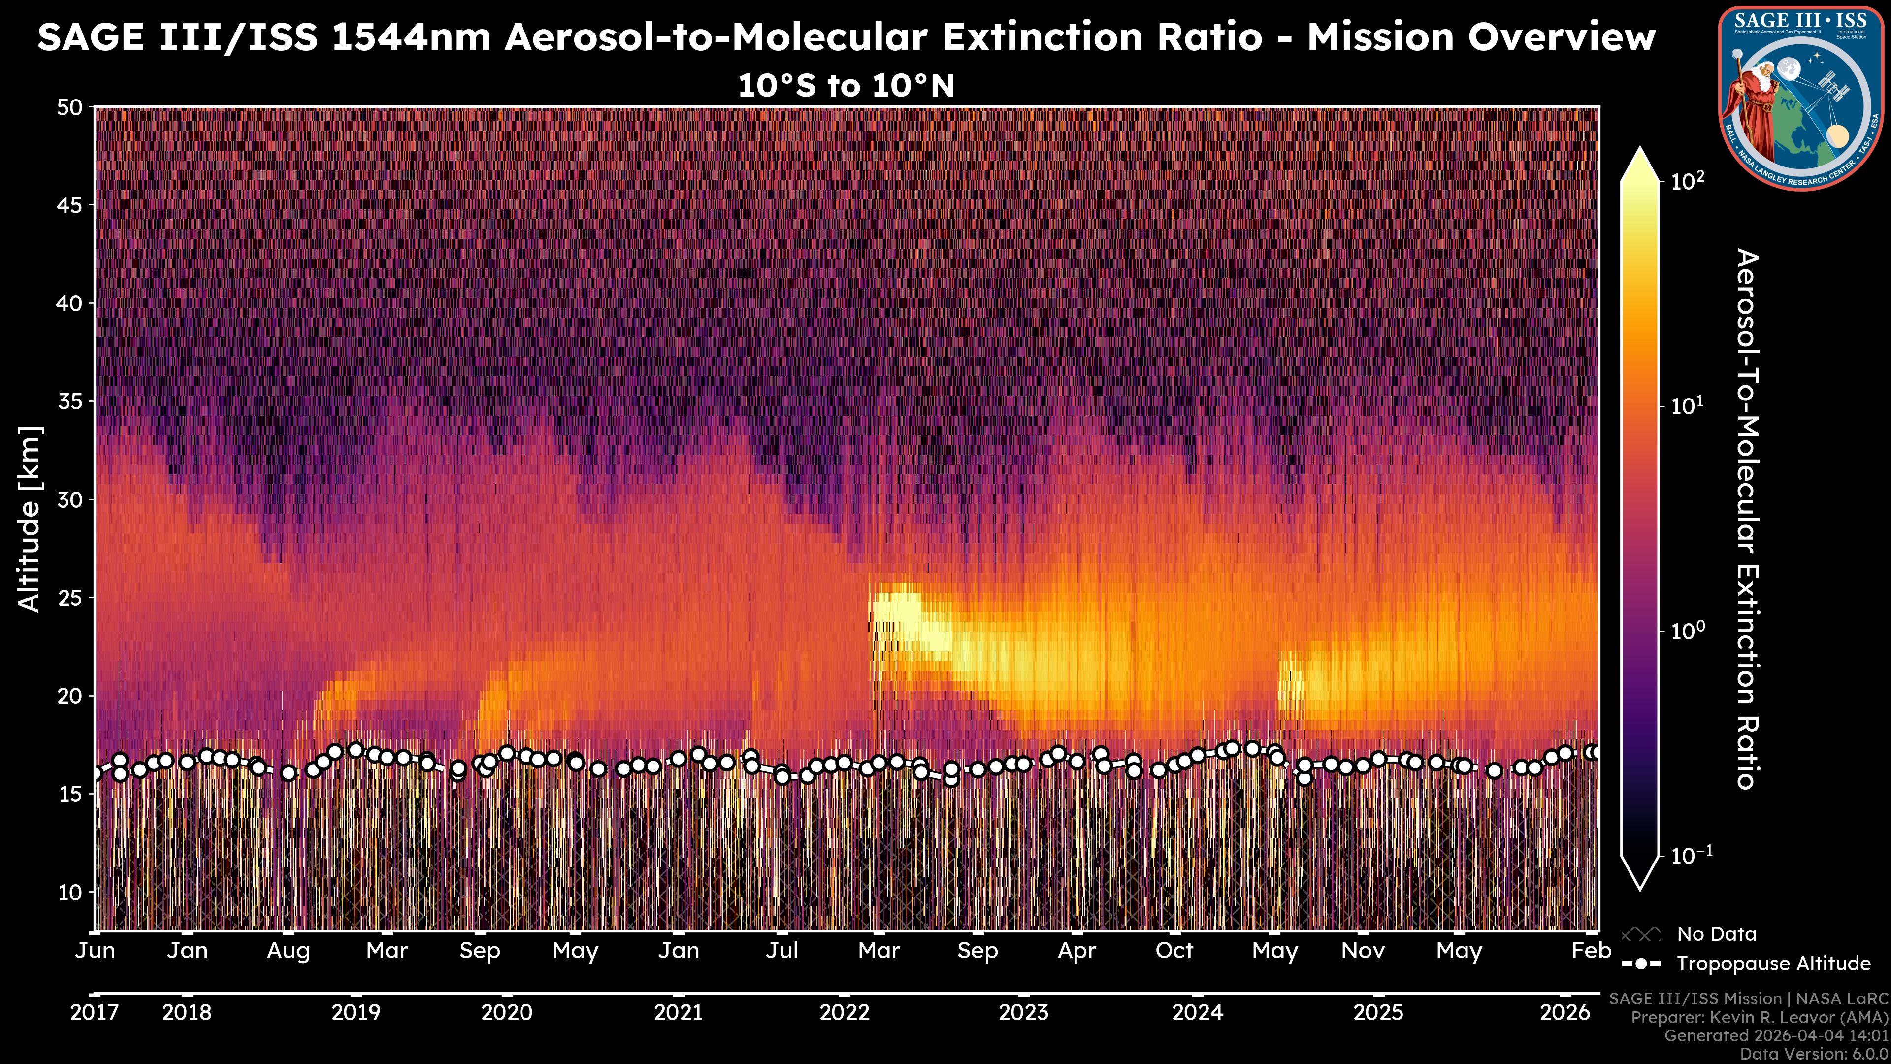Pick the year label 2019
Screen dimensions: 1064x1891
point(356,1013)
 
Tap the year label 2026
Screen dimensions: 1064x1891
point(1565,1013)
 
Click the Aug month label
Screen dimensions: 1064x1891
point(289,951)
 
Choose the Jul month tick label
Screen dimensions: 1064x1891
point(782,951)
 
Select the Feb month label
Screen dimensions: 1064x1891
point(1591,951)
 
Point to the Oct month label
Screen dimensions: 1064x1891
point(1174,951)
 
